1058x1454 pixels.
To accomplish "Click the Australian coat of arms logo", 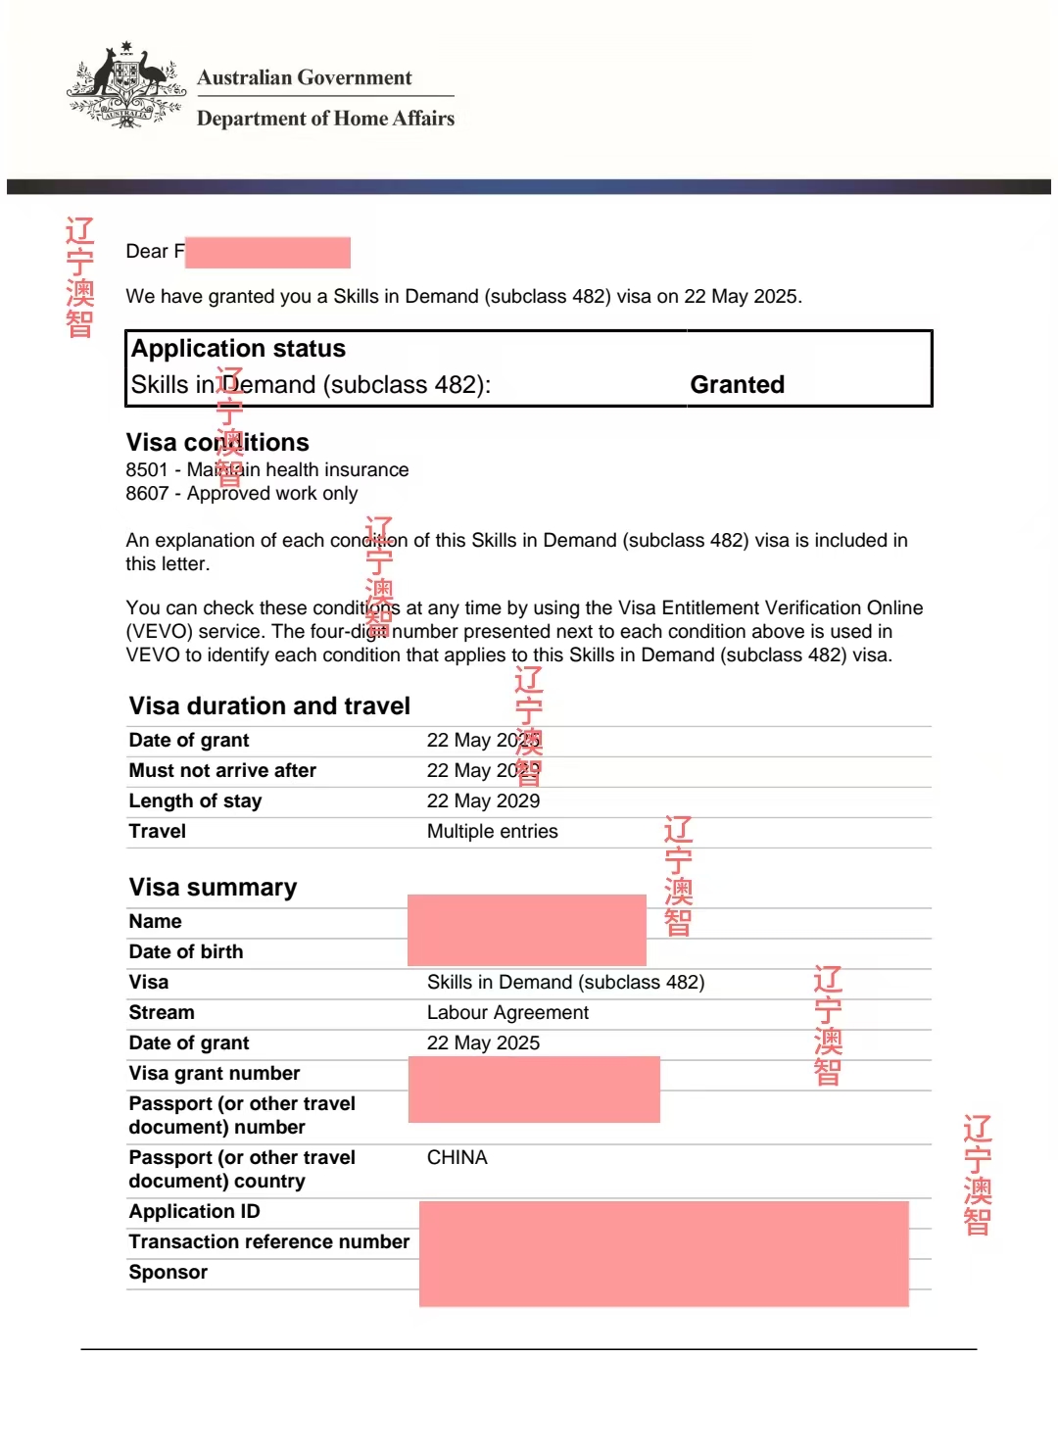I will click(x=125, y=86).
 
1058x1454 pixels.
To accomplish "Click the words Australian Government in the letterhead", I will click(x=304, y=77).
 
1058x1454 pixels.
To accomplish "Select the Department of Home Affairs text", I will click(x=325, y=119).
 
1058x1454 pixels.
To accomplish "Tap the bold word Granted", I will click(x=737, y=384).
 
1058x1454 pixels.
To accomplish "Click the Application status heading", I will click(x=238, y=349).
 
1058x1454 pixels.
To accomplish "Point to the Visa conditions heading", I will click(x=216, y=442).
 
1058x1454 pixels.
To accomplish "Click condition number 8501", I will click(x=147, y=470).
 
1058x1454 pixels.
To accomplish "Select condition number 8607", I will click(x=147, y=494).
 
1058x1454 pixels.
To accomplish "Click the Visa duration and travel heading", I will click(x=269, y=706).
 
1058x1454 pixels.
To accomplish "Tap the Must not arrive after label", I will click(x=222, y=771).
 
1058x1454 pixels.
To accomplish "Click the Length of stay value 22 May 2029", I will click(x=483, y=801).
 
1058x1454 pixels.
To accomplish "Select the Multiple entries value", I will click(x=492, y=832).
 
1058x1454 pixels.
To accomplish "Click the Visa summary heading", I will click(x=213, y=888).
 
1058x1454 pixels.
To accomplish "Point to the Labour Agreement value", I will click(x=507, y=1013).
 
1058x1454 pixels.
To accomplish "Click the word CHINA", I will click(x=457, y=1158).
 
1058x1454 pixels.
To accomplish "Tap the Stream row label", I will click(x=162, y=1013).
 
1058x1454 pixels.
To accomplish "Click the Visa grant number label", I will click(x=215, y=1074).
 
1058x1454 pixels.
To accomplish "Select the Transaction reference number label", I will click(x=269, y=1242).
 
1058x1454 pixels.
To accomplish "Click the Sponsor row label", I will click(x=168, y=1273).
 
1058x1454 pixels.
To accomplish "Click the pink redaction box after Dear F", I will click(x=267, y=252).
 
